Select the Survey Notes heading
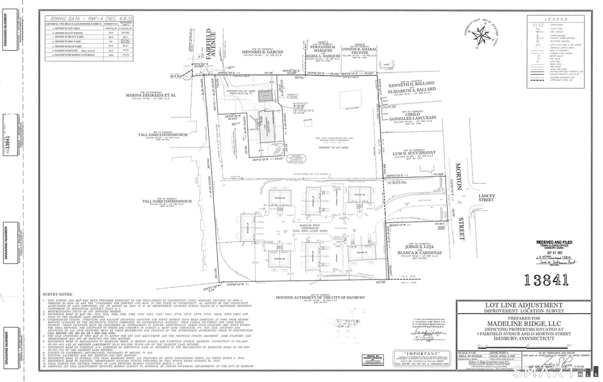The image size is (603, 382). pos(60,296)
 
